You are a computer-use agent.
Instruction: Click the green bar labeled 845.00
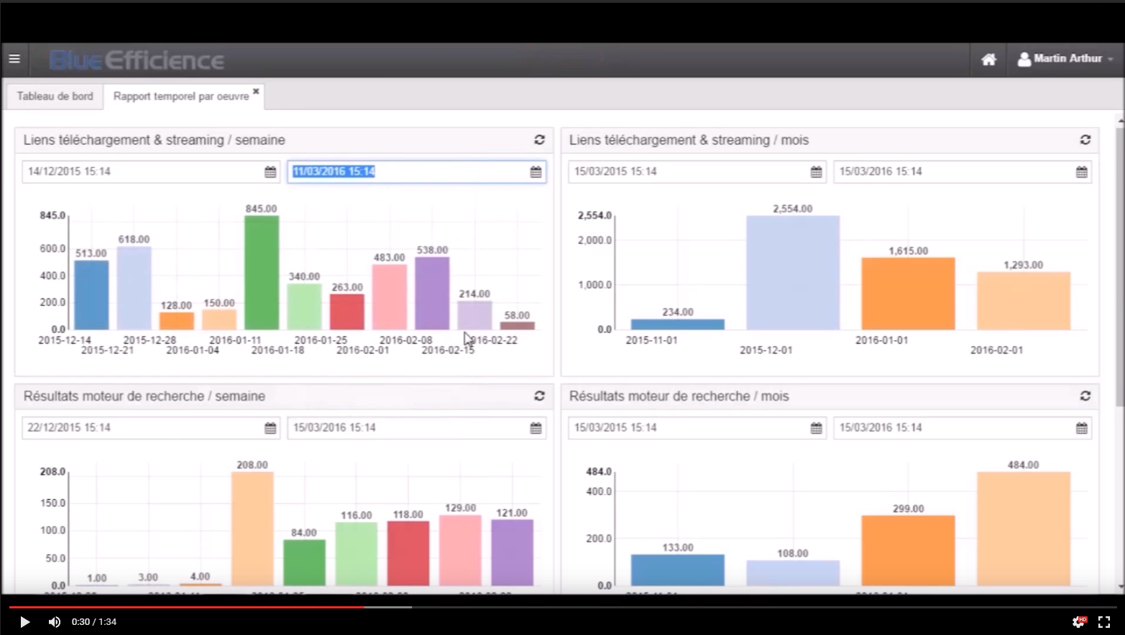tap(262, 273)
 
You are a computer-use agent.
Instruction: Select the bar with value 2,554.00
tap(792, 273)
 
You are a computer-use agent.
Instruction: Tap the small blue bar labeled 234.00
tap(677, 324)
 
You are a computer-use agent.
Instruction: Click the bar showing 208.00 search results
tap(252, 528)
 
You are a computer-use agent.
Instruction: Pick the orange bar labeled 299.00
tap(908, 550)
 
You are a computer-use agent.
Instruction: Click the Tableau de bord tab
tap(55, 96)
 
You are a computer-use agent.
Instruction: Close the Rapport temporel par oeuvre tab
tap(256, 91)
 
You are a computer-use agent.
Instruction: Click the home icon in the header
tap(989, 60)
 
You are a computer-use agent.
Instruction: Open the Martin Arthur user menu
tap(1066, 59)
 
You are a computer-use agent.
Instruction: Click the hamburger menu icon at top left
tap(14, 59)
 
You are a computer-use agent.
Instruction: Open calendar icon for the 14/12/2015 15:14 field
tap(270, 172)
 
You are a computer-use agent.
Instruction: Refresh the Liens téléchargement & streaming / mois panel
tap(1085, 140)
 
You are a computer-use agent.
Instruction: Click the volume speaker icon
tap(55, 622)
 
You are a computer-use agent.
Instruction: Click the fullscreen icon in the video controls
tap(1104, 622)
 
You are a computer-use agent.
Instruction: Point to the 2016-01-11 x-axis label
tap(235, 340)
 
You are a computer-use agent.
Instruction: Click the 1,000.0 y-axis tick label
tap(594, 285)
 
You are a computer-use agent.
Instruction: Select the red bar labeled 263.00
tap(347, 311)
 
